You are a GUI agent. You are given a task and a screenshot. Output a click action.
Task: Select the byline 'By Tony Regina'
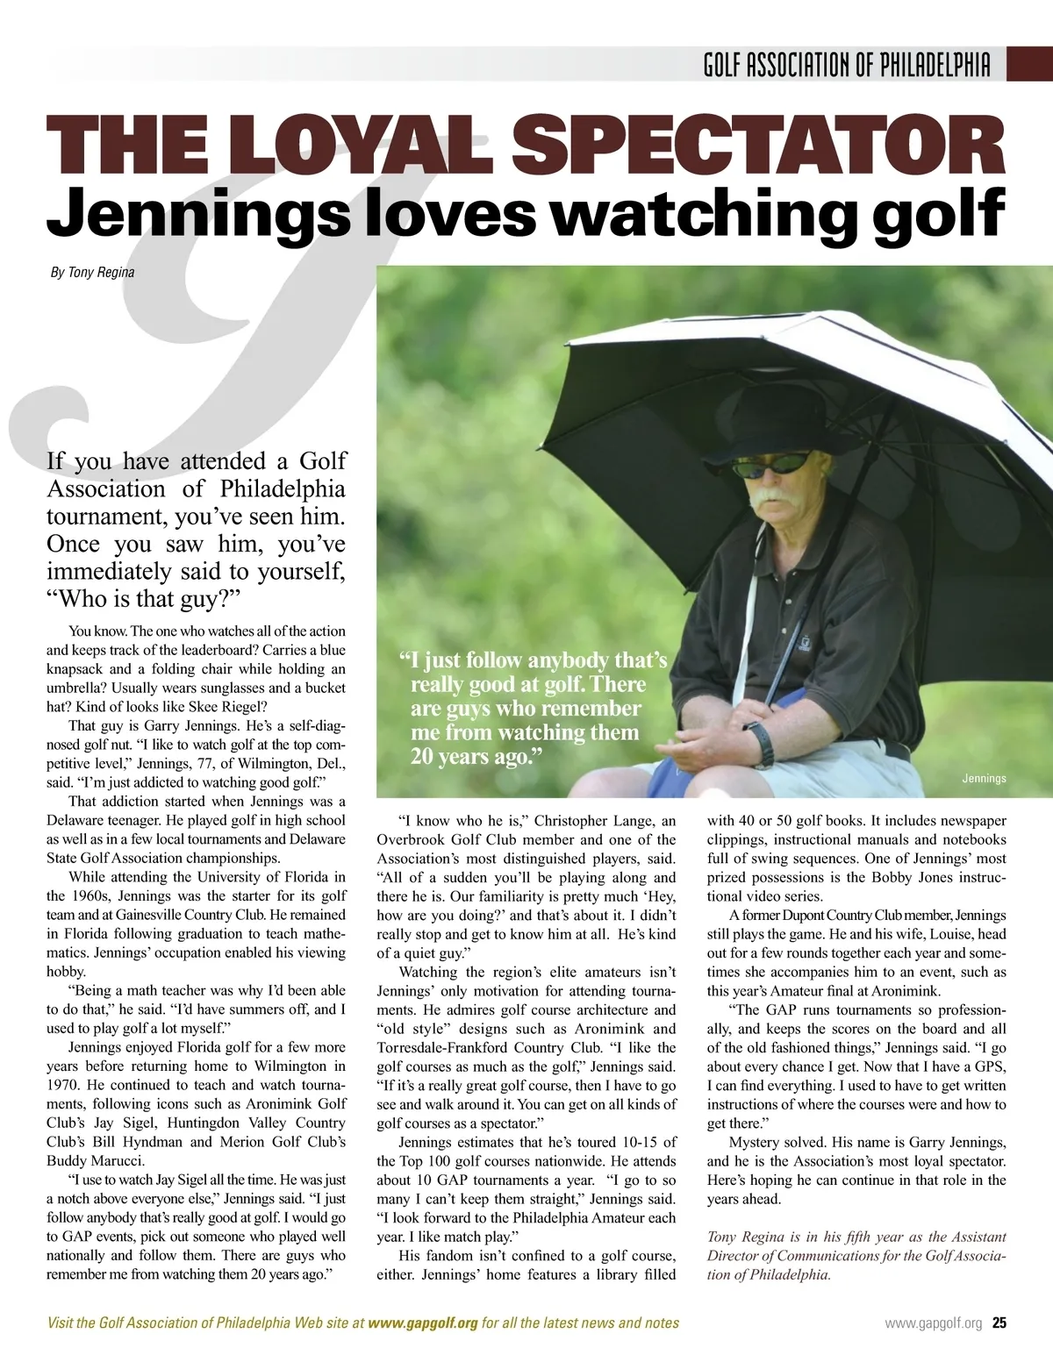pyautogui.click(x=92, y=273)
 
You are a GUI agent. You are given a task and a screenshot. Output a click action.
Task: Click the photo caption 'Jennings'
pyautogui.click(x=983, y=778)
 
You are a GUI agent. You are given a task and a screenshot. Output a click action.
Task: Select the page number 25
pyautogui.click(x=999, y=1323)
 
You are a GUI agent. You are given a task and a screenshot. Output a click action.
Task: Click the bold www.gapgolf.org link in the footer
pyautogui.click(x=423, y=1323)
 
